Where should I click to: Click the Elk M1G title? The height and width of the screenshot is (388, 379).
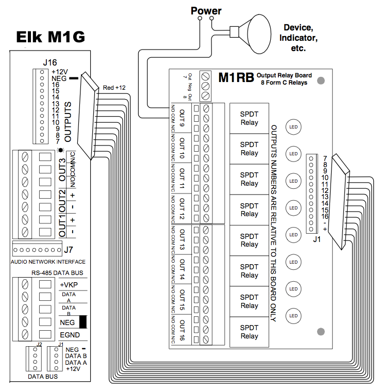50,37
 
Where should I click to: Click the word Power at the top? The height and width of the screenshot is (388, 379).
206,10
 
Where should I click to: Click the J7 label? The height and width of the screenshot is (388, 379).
69,250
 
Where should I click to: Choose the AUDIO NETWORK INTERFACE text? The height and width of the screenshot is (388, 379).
47,262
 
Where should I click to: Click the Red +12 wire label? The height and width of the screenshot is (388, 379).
114,88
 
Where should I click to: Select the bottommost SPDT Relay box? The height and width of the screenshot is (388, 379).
249,332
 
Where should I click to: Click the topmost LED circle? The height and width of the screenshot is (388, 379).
293,127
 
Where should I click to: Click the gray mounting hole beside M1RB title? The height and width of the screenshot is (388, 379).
320,80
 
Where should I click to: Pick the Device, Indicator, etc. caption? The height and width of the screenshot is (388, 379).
299,37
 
